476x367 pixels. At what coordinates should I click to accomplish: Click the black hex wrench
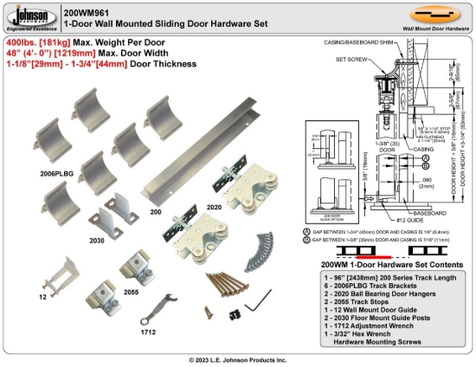click(x=254, y=306)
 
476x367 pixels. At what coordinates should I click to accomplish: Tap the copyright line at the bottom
click(x=237, y=358)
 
